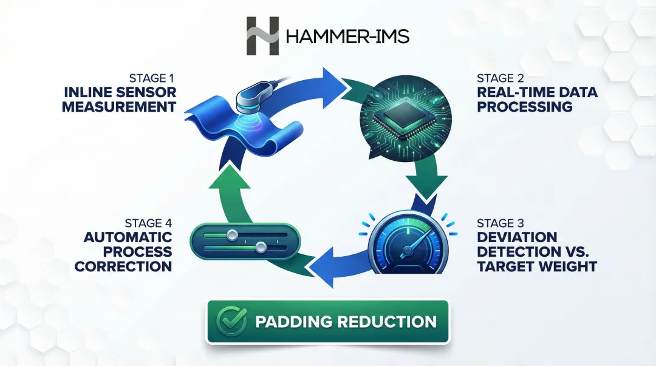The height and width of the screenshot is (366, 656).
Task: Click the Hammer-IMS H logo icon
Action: click(x=262, y=36)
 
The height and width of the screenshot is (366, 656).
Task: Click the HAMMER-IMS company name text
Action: click(x=347, y=36)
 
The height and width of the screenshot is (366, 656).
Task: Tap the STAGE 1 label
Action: click(x=151, y=78)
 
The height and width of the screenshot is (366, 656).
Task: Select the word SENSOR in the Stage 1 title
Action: click(x=146, y=92)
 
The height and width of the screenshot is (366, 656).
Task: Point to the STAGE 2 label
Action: click(x=501, y=78)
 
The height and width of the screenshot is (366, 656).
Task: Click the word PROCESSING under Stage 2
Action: click(x=525, y=107)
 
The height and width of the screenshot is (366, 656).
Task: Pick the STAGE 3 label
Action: click(x=501, y=223)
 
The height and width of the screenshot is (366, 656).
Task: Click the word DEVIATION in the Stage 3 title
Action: click(x=517, y=237)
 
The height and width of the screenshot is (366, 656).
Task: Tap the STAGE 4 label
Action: click(x=149, y=223)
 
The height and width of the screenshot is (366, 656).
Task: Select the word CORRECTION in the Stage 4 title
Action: click(x=123, y=266)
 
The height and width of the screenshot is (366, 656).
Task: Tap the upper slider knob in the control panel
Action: click(x=232, y=235)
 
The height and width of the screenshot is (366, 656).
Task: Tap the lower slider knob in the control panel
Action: click(x=261, y=248)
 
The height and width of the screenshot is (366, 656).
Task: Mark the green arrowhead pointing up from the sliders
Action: click(x=229, y=178)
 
